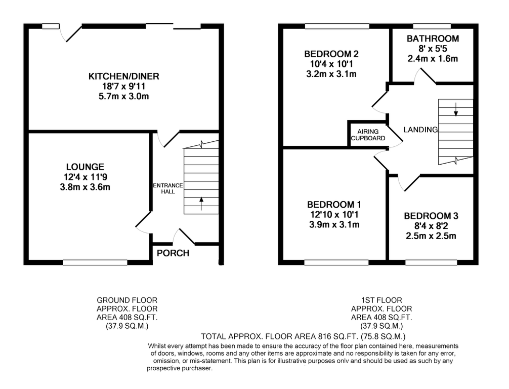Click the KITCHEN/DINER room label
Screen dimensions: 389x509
click(x=124, y=76)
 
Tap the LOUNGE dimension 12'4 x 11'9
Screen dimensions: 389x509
click(x=85, y=177)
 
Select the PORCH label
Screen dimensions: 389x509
click(x=173, y=253)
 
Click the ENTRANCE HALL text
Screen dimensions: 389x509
click(x=168, y=189)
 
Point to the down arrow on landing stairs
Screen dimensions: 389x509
click(x=456, y=110)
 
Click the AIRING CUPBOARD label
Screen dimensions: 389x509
click(x=368, y=135)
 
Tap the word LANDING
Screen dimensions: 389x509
click(x=420, y=130)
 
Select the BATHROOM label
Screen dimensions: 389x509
click(x=433, y=39)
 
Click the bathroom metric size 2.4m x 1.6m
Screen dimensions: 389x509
click(x=433, y=59)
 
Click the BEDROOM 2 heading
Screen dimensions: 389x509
click(x=331, y=54)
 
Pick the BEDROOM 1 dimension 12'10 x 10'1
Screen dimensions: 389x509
click(x=334, y=214)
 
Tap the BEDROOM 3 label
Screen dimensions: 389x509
click(x=431, y=216)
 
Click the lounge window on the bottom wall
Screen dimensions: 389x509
click(x=95, y=262)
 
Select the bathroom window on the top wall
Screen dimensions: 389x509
click(x=432, y=26)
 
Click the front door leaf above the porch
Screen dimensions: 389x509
click(x=187, y=236)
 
